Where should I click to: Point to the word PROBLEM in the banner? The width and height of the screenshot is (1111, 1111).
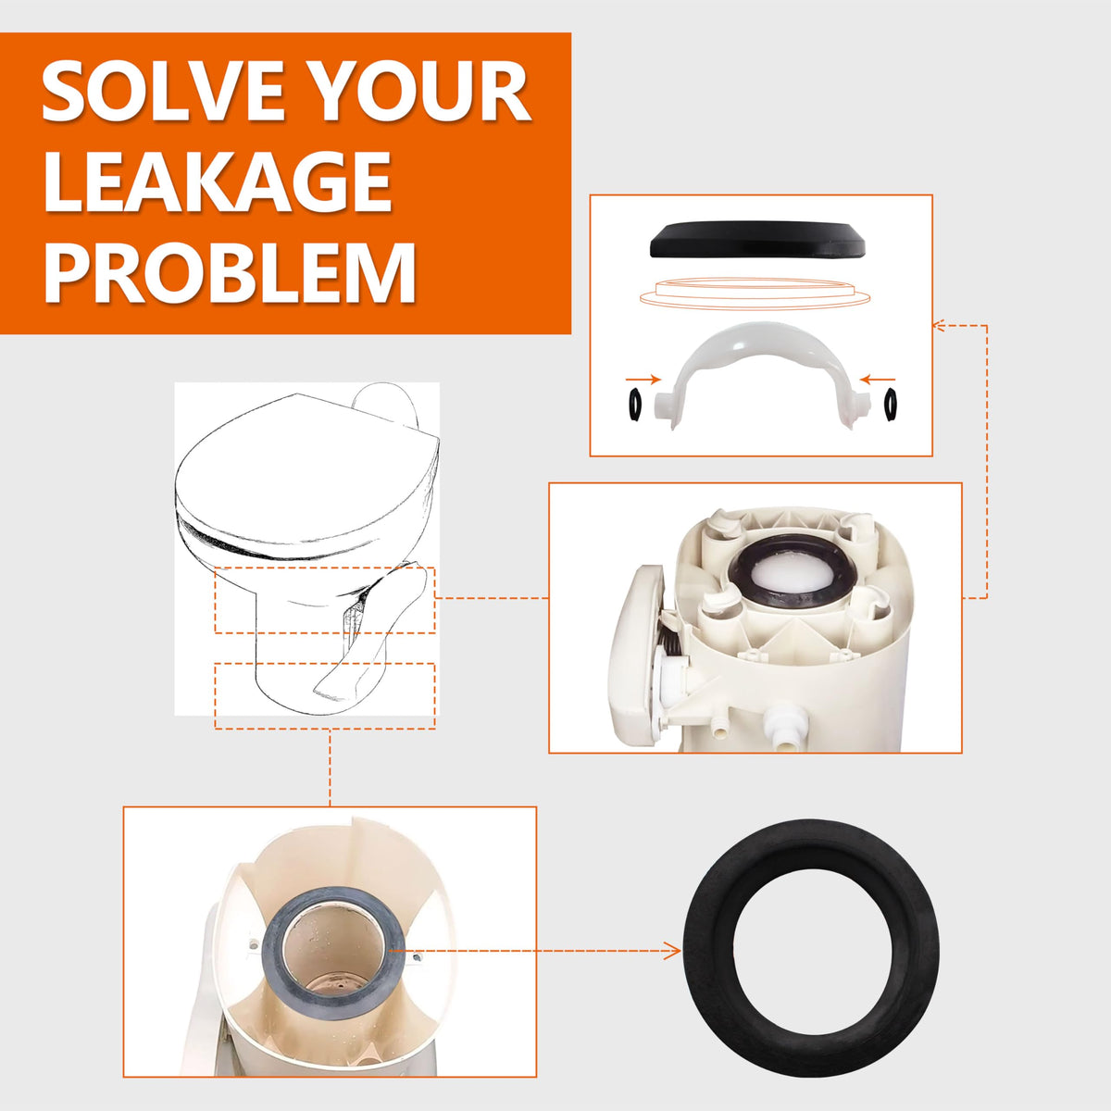click(230, 272)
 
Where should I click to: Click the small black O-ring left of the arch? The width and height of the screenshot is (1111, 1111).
click(635, 406)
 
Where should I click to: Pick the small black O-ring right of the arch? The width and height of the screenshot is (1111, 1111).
click(890, 406)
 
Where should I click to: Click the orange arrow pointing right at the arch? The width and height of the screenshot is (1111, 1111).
click(643, 380)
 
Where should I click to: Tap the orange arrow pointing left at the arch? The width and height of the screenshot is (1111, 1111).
click(878, 380)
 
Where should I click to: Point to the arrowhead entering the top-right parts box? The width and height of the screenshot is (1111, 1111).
click(940, 326)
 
